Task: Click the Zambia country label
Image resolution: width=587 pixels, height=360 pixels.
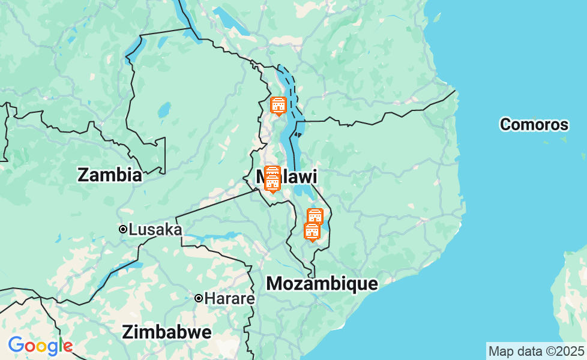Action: [x=110, y=175]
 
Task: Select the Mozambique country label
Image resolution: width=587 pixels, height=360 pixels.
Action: [x=322, y=284]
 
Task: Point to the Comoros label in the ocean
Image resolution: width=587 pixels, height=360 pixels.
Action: [x=534, y=125]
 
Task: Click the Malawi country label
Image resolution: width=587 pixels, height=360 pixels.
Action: [x=286, y=176]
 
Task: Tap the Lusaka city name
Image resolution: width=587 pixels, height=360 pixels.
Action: [x=155, y=229]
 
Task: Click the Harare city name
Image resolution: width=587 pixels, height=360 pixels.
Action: [x=229, y=298]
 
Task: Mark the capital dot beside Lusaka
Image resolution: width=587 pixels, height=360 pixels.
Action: [x=122, y=229]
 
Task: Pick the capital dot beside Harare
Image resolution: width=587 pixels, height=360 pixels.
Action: [x=198, y=298]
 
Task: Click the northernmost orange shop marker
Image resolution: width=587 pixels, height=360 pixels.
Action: [x=278, y=106]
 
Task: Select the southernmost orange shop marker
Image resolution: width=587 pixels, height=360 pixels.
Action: [x=312, y=231]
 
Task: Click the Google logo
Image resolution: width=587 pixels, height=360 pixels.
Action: [x=40, y=346]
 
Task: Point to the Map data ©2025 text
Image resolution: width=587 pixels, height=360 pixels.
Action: [x=535, y=351]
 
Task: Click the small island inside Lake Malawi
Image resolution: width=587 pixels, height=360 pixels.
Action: [x=298, y=135]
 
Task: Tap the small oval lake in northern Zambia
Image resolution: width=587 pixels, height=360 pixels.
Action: [x=163, y=111]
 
